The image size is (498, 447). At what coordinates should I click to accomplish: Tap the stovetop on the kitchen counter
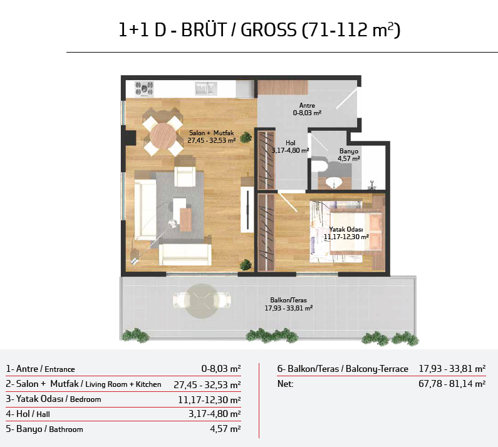click(144, 88)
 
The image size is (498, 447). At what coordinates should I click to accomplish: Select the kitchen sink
click(206, 88)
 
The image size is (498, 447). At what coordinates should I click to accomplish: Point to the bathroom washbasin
click(334, 182)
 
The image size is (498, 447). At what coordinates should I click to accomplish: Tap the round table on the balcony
click(202, 301)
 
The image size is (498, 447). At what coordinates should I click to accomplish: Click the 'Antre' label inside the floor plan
click(307, 105)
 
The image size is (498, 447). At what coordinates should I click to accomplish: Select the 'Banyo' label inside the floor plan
click(348, 151)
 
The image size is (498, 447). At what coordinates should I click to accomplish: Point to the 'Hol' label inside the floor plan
click(290, 143)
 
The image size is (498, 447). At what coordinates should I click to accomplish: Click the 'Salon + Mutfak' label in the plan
click(212, 133)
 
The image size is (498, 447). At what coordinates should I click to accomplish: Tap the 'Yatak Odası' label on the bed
click(346, 229)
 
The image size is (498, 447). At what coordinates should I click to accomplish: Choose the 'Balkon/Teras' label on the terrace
click(288, 300)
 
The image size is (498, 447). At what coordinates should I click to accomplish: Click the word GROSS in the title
click(268, 30)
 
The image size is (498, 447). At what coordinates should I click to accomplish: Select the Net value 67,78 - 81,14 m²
click(452, 384)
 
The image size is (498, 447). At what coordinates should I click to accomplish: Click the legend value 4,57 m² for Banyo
click(225, 429)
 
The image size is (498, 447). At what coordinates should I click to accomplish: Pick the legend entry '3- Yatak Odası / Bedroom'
click(53, 399)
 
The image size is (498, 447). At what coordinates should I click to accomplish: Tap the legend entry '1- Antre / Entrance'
click(40, 369)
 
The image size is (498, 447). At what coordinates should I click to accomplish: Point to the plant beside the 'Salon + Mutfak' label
click(246, 138)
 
